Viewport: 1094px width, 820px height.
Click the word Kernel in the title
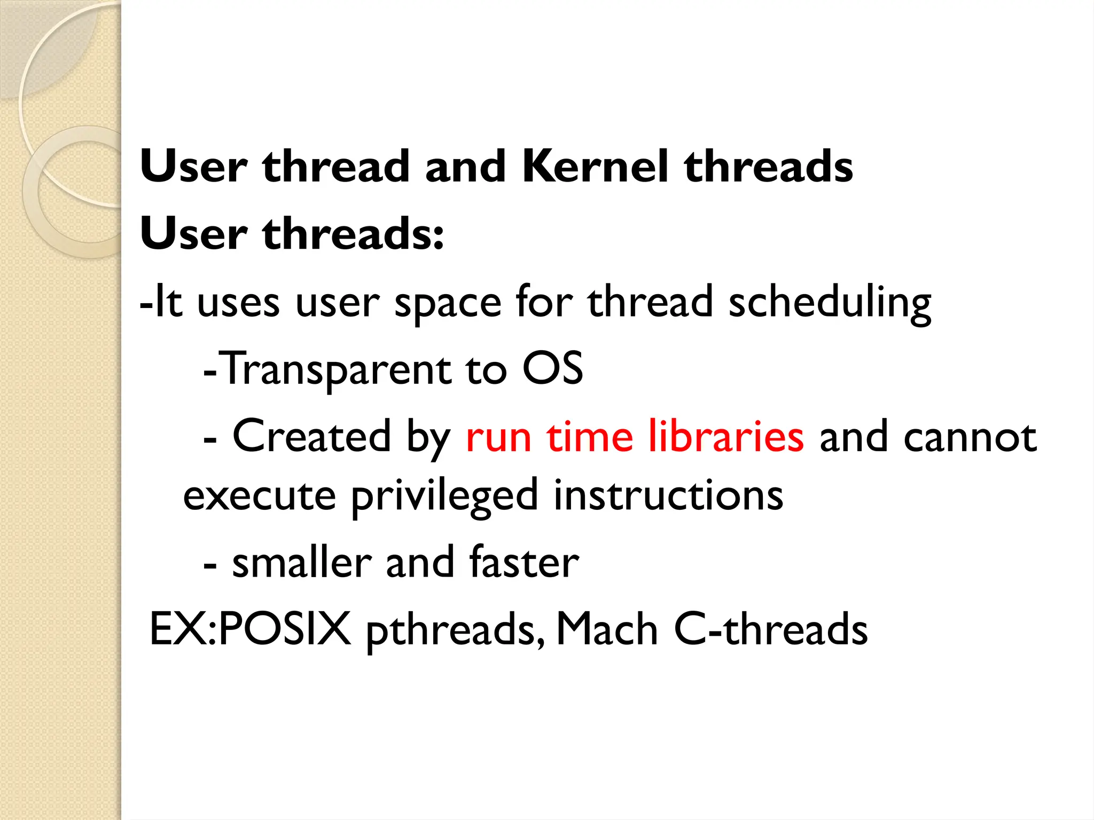[x=595, y=167]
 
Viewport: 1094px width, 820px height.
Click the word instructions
[x=668, y=495]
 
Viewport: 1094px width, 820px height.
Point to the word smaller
[x=302, y=563]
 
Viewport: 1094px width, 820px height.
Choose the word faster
[x=524, y=563]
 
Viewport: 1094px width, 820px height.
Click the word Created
[x=312, y=437]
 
